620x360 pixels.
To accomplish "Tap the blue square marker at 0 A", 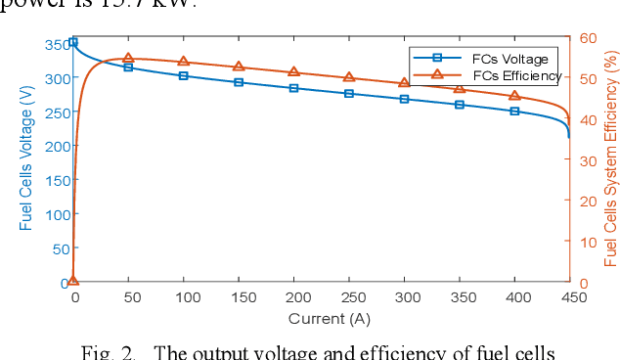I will (73, 43).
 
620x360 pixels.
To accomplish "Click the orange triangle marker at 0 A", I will (73, 281).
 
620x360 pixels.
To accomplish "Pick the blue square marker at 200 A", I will (293, 88).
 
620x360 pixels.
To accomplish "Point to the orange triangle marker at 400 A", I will (514, 96).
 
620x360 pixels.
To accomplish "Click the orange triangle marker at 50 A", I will (128, 59).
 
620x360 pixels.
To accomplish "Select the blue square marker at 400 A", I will (514, 112).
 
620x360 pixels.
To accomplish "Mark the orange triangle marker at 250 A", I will (349, 77).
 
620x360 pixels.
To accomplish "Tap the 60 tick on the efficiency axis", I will (587, 37).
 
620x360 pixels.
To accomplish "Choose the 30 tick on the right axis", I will (587, 159).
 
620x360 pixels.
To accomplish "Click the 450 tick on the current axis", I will (569, 297).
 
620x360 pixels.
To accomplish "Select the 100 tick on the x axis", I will (183, 297).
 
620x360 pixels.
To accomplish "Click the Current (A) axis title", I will (329, 318).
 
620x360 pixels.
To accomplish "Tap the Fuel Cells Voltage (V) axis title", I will (25, 161).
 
